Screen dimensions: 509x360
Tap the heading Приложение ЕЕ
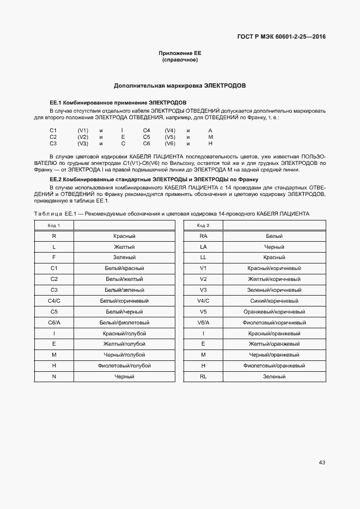coord(180,53)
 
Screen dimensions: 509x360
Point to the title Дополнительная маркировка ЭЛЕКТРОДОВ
coord(180,86)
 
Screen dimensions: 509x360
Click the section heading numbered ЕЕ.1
coord(118,102)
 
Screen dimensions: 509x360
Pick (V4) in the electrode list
coord(170,131)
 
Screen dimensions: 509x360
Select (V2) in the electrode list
coord(83,137)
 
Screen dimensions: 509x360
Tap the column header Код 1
coord(54,225)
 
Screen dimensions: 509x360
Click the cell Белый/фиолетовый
coord(124,322)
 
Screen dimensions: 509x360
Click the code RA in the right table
coord(204,236)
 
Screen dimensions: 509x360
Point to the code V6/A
coord(204,322)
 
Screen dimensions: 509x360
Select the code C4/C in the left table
coord(54,301)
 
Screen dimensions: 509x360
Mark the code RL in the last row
coord(204,376)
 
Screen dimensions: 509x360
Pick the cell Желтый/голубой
coord(124,344)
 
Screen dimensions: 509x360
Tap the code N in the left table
coord(54,376)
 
